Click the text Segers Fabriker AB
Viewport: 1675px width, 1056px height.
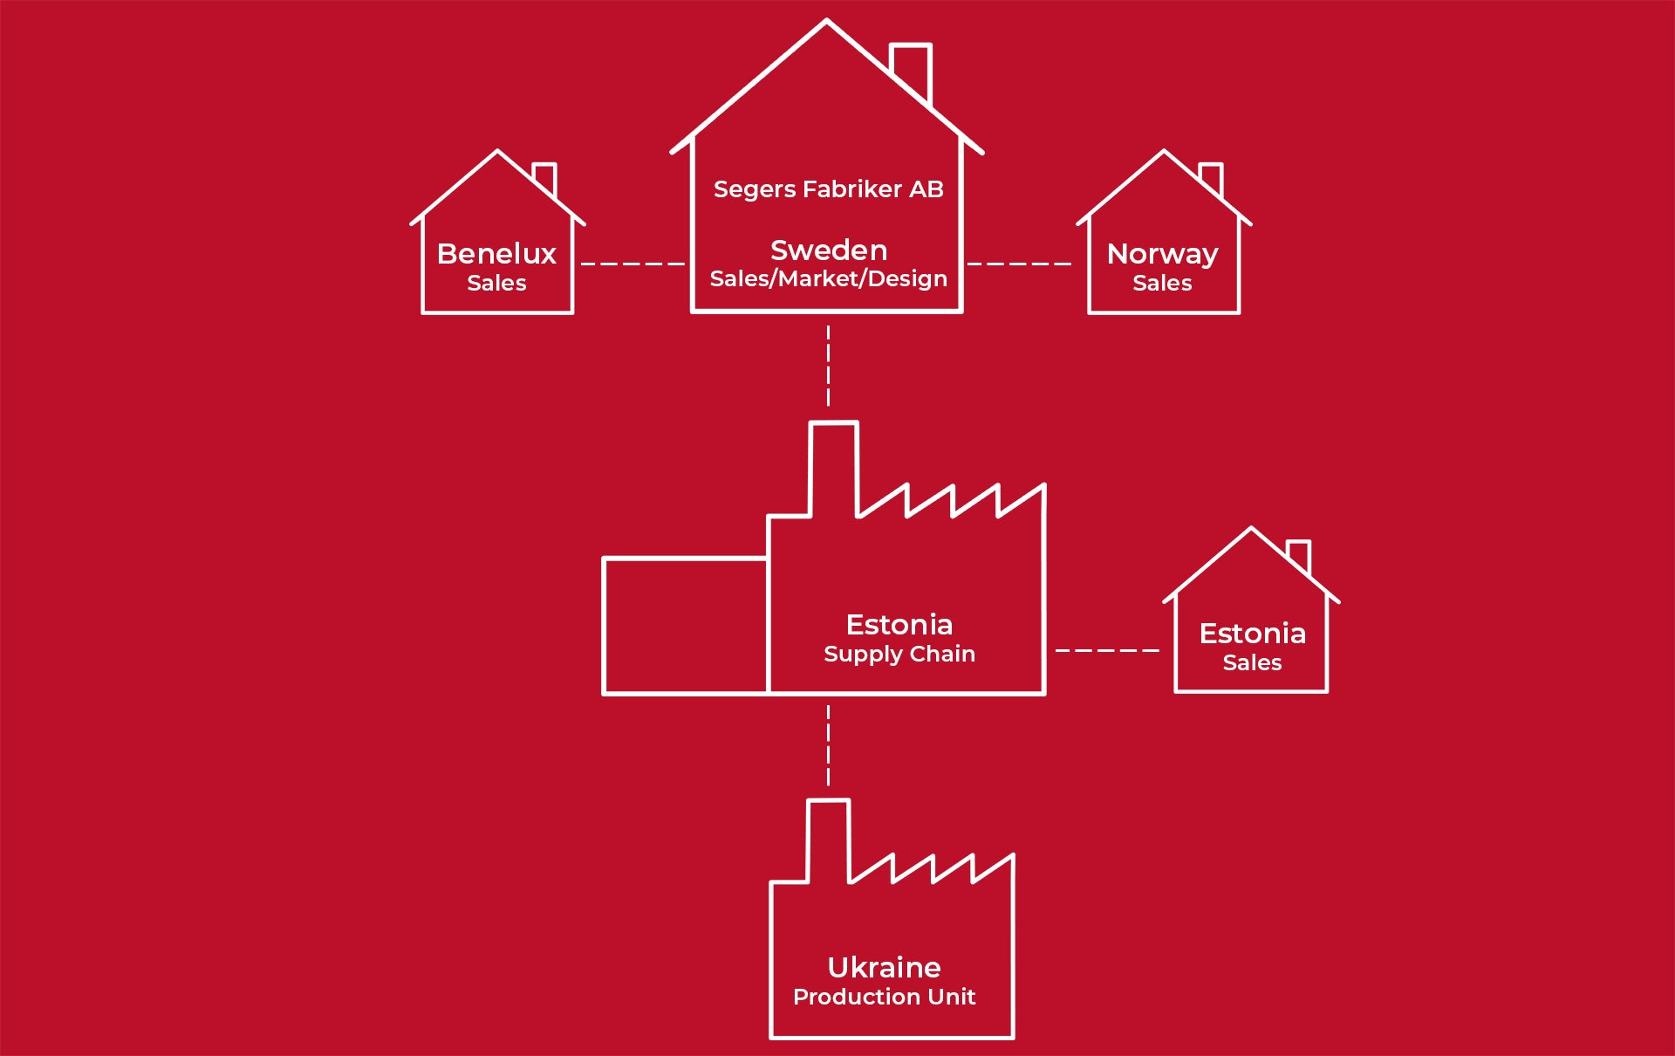(828, 189)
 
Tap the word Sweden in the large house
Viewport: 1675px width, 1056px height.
(829, 250)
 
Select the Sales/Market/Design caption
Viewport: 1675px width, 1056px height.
(828, 279)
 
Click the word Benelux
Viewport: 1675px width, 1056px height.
(496, 254)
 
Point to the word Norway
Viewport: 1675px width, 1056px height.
(1162, 254)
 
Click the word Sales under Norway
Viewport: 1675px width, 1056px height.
(1162, 283)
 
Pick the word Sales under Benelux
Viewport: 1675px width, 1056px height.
(496, 283)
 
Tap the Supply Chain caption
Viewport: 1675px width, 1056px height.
(899, 654)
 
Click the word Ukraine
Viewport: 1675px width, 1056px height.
(884, 967)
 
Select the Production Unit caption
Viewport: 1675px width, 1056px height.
(884, 997)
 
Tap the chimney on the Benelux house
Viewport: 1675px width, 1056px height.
(545, 177)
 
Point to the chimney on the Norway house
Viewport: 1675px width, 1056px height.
(1212, 177)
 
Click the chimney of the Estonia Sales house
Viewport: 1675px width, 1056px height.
(1299, 555)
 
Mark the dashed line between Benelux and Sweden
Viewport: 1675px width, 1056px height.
(632, 264)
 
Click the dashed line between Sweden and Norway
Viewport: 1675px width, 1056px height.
(1019, 264)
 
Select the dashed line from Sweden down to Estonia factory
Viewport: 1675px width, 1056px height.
(828, 366)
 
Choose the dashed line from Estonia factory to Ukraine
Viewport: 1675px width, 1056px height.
(828, 745)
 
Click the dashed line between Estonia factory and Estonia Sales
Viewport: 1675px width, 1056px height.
(1107, 650)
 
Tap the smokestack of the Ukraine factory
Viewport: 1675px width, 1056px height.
(828, 838)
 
